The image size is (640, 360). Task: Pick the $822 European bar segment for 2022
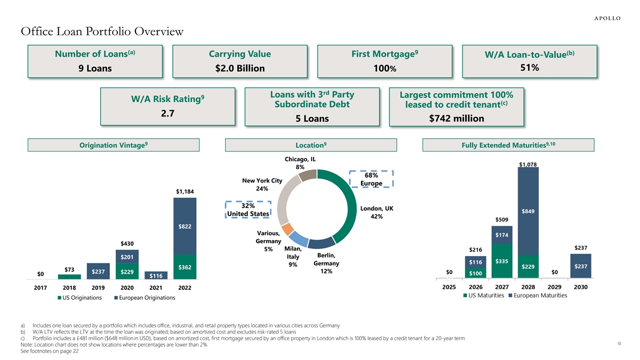point(185,227)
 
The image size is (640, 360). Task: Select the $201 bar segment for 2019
point(127,257)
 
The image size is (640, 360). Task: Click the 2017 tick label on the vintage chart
point(40,288)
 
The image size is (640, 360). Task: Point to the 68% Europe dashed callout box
point(371,179)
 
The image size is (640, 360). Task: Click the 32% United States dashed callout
point(248,210)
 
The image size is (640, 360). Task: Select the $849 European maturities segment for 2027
point(528,211)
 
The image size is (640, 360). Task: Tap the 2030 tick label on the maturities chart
point(581,287)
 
